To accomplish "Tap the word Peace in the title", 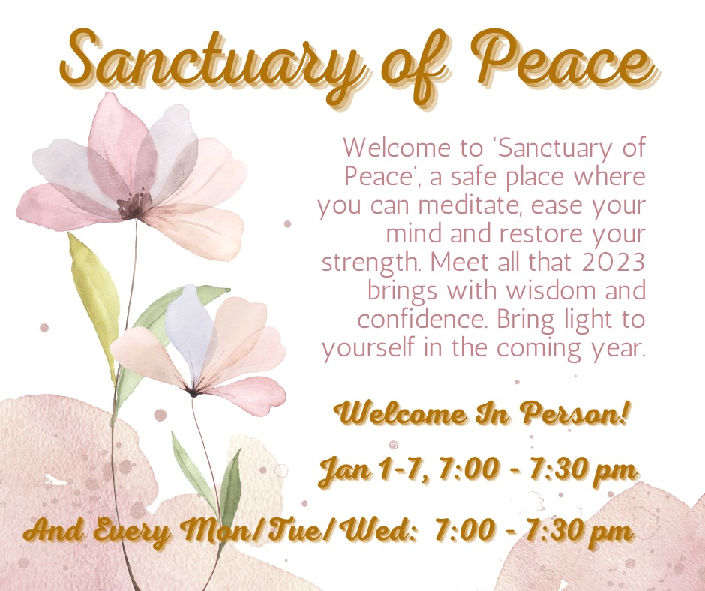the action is tap(564, 61).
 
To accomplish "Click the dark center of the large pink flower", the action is tap(133, 205).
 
